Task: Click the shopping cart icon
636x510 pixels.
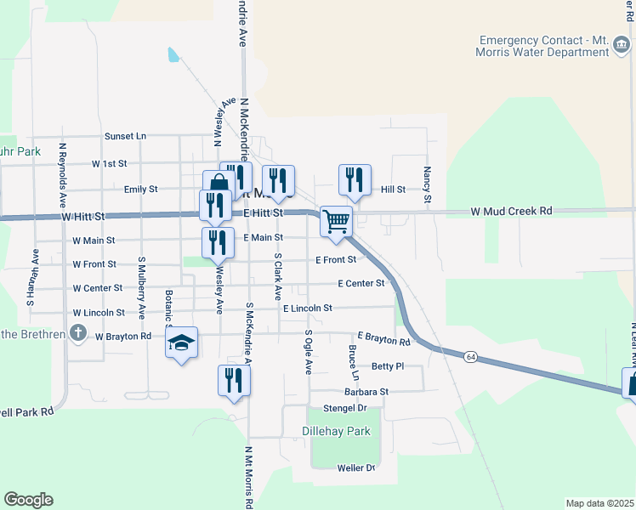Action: [x=337, y=221]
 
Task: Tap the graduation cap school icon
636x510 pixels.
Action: [x=181, y=343]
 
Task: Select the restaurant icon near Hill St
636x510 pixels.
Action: [x=355, y=179]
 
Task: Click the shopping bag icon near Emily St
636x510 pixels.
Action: [x=219, y=185]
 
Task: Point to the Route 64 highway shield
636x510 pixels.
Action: [x=470, y=358]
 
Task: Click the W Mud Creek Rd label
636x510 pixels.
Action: [x=512, y=211]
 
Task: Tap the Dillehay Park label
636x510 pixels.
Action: [x=337, y=431]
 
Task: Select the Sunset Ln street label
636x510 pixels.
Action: [x=125, y=136]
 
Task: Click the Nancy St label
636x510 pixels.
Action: [x=428, y=184]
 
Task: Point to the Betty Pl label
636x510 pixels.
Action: [x=387, y=366]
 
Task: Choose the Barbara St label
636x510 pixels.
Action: [x=366, y=392]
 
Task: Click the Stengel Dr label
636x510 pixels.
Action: [x=344, y=409]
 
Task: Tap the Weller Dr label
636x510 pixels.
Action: [x=355, y=468]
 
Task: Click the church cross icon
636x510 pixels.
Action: [x=78, y=332]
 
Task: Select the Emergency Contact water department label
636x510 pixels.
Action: [x=544, y=46]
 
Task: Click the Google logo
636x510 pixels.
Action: [x=28, y=500]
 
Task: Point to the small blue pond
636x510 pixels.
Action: [x=174, y=55]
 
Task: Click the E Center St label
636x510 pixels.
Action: [x=361, y=283]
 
